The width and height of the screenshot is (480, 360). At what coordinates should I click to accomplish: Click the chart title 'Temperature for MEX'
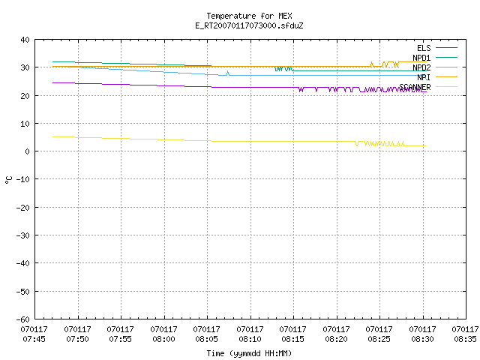coord(249,16)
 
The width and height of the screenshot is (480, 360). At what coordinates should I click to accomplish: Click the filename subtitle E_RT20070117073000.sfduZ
coord(249,25)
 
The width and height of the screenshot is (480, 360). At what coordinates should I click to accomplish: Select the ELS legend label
coord(424,48)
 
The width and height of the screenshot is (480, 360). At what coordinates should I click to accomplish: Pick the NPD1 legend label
coord(421,58)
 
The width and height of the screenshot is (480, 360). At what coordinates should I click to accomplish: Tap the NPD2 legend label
coord(421,67)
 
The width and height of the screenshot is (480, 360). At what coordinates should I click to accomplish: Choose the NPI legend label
coord(424,77)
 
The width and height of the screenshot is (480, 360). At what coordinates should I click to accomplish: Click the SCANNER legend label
coord(415,87)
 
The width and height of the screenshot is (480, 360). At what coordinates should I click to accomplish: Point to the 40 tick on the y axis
coord(25,40)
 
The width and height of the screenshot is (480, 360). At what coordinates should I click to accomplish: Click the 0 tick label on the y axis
coord(27,151)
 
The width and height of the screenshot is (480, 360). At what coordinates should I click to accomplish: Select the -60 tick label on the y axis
coord(23,319)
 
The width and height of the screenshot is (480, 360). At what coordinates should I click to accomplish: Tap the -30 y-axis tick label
coord(23,235)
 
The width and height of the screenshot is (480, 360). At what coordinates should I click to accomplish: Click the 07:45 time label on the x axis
coord(34,339)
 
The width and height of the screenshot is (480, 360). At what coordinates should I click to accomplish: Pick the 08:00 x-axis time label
coord(163,339)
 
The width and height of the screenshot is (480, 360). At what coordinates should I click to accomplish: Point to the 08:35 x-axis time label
coord(465,339)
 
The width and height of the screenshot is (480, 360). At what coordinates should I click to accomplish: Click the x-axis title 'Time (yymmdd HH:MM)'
coord(249,353)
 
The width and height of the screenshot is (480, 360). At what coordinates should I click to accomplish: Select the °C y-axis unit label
coord(8,180)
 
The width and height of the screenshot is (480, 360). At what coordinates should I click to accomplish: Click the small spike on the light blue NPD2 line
coord(227,73)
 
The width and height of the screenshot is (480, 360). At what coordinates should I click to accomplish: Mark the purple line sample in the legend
coord(446,48)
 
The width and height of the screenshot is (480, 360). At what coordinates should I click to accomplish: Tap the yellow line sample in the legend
coord(446,87)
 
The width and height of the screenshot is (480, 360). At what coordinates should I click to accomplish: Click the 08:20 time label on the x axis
coord(337,339)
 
